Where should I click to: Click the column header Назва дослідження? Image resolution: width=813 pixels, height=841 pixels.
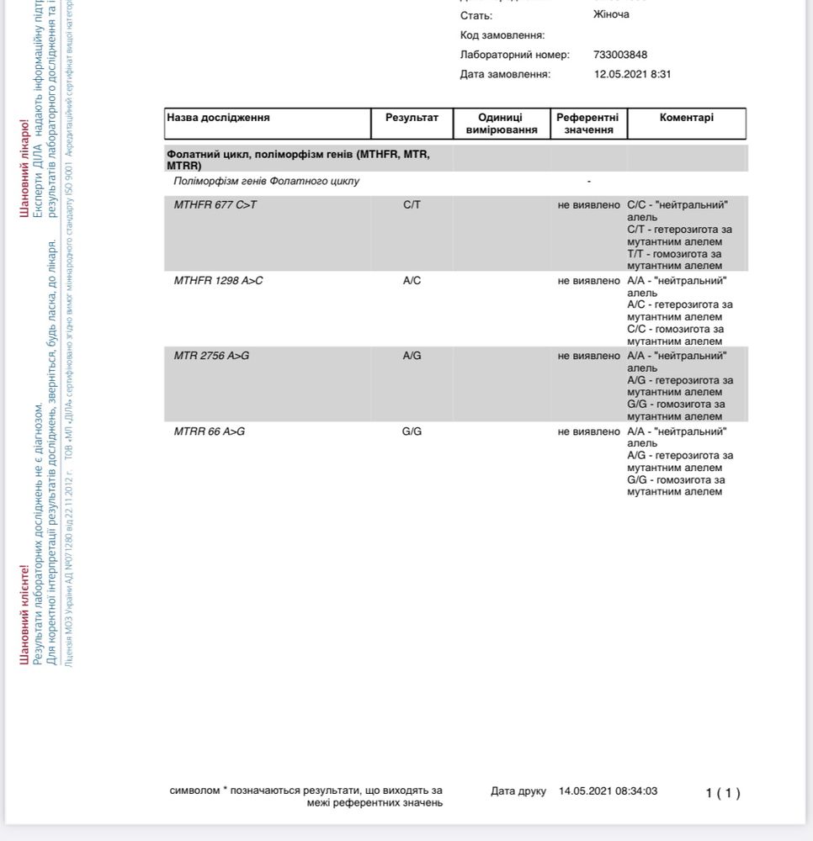pos(218,118)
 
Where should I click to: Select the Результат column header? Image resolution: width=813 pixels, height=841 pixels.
pos(412,118)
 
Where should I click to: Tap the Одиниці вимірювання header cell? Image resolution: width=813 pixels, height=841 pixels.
pos(501,124)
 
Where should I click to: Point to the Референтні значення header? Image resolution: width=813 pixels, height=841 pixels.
pos(587,124)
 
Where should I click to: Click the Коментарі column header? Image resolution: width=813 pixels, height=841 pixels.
pos(686,118)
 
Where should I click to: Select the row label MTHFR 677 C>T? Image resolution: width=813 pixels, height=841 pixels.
pos(215,205)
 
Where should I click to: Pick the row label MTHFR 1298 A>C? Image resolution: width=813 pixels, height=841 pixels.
pos(218,281)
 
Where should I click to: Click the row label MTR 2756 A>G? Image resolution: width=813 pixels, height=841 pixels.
pos(211,356)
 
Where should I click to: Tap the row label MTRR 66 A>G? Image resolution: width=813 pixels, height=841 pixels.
pos(210,431)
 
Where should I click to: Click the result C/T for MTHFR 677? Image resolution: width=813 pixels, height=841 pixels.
pos(412,205)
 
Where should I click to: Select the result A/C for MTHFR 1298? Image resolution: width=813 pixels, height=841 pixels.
pos(412,281)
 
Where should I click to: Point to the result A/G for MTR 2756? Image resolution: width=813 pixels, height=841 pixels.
pos(412,356)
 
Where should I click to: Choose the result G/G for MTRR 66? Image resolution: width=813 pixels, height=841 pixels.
pos(412,431)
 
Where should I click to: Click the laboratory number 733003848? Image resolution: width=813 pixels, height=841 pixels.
pos(620,55)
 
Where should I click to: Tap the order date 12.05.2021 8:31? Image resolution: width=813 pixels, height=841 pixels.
pos(632,74)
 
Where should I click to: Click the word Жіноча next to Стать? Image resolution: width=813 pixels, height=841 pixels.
pos(611,14)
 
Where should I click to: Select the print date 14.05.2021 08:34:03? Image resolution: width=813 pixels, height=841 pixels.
pos(608,791)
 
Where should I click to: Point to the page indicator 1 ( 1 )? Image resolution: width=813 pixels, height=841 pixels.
pos(723,793)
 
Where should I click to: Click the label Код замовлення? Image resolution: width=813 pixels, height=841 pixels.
pos(502,35)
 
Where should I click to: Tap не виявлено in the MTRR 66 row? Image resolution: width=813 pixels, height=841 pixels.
pos(588,431)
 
